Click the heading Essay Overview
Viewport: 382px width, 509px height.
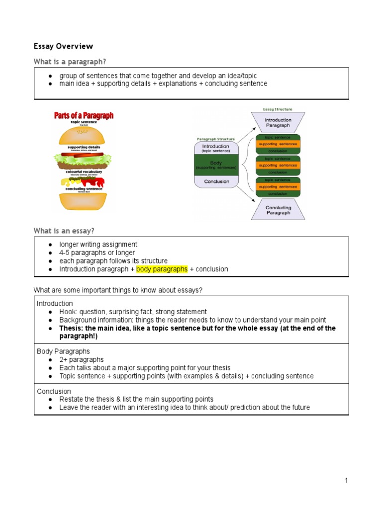(x=63, y=46)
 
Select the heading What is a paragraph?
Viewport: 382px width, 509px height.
(x=70, y=61)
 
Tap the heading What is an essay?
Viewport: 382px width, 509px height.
(x=64, y=231)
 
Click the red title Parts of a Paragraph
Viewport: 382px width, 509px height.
(x=84, y=115)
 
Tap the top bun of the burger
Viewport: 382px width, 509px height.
(x=84, y=135)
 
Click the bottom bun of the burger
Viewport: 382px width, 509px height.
(x=84, y=201)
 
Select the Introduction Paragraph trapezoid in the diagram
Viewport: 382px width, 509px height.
(x=278, y=122)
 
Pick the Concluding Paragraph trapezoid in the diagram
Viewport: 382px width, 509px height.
(x=278, y=210)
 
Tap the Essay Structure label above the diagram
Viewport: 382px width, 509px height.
(x=278, y=109)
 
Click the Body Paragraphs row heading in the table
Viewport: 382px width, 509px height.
(x=63, y=351)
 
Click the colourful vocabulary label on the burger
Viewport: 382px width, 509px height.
(x=84, y=171)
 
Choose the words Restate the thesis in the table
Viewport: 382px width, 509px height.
(x=87, y=399)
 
